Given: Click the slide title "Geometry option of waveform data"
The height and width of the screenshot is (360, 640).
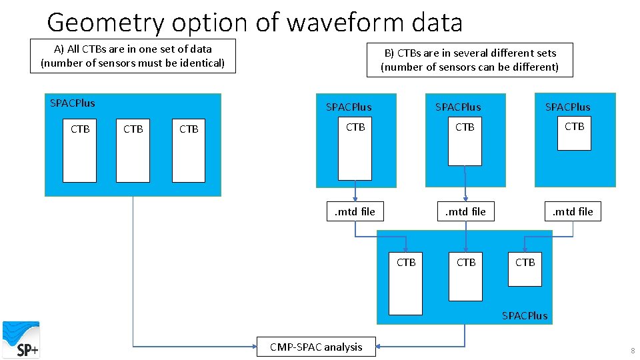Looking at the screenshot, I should [255, 22].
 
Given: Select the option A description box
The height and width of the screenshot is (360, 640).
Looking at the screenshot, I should [133, 56].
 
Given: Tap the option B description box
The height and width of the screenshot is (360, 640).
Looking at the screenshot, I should [469, 59].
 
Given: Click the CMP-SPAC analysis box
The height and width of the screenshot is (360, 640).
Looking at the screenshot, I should [316, 347].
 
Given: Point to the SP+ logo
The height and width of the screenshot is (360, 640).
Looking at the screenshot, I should [21, 339].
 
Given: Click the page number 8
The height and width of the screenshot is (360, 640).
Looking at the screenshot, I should [631, 351].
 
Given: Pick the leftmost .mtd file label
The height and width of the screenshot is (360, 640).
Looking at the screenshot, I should [355, 212].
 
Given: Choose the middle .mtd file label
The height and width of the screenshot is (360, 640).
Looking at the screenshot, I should [465, 212].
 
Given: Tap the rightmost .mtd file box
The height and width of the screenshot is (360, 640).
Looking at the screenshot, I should [573, 212].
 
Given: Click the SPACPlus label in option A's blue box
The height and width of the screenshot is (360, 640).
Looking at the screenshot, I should [73, 103].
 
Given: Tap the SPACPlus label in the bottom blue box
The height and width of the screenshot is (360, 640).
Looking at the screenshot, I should [525, 315].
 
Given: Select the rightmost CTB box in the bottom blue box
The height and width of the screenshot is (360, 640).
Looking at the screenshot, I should [525, 268].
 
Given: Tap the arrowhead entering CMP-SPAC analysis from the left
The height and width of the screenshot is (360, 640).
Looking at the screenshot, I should [254, 347].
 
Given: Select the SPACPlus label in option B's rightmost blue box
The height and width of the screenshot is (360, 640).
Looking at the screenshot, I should [568, 107].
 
